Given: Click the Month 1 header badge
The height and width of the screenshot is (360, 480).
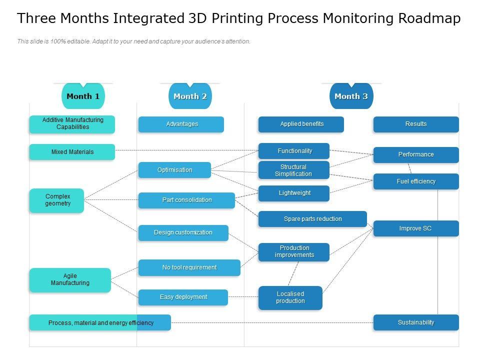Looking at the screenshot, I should (x=83, y=96).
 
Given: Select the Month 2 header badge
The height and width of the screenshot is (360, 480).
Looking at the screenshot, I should (x=190, y=96).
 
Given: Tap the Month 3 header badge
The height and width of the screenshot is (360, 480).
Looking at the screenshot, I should (x=351, y=96).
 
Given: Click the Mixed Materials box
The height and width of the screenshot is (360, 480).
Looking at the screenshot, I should (x=72, y=152).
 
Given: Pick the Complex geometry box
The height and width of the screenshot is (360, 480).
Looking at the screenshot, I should (x=57, y=200).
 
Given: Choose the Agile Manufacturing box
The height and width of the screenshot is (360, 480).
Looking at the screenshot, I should (x=70, y=280).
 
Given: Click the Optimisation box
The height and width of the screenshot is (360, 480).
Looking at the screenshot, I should (x=174, y=170).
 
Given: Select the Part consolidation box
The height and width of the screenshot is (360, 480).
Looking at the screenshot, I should (x=186, y=200).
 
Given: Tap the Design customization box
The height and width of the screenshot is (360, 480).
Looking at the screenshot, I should (x=183, y=233).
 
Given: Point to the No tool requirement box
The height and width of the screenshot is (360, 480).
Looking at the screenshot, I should (x=189, y=268).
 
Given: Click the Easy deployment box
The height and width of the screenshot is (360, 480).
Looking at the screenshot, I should (x=183, y=297).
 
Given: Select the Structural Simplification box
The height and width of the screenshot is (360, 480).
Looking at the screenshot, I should (x=293, y=170).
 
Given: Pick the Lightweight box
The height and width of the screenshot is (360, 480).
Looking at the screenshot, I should (x=294, y=193).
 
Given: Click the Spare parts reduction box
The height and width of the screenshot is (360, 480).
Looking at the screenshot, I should (x=312, y=219).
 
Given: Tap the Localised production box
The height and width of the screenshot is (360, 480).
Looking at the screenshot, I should (x=290, y=298).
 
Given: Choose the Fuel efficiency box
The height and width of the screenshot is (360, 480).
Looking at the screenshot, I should (x=416, y=181).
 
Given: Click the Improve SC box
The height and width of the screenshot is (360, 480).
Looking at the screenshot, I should (x=415, y=228).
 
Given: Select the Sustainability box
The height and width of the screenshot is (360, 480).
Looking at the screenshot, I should (x=415, y=322).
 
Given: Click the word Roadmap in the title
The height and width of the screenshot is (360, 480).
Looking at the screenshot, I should (x=429, y=19).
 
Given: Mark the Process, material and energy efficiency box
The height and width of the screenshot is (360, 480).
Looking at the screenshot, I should (x=100, y=323).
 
